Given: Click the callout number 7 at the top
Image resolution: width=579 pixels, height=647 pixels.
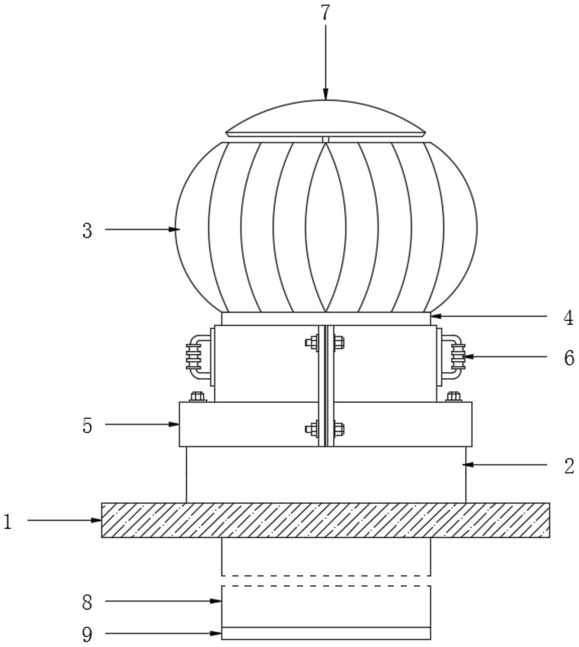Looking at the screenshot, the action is (325, 13).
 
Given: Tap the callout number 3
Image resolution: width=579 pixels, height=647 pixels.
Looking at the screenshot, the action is (87, 231).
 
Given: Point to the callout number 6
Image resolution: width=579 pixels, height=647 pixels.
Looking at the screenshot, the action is (569, 358).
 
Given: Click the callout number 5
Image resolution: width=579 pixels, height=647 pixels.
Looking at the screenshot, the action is (87, 425).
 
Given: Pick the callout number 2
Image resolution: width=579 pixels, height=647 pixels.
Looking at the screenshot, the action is (569, 466).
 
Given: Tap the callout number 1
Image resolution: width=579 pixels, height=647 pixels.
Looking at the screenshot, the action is (8, 522).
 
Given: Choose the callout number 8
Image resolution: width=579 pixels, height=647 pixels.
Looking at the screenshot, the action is (87, 602).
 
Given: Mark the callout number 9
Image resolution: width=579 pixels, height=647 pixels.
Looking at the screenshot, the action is (87, 634).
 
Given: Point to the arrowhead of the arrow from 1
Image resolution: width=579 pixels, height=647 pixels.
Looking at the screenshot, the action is (96, 520).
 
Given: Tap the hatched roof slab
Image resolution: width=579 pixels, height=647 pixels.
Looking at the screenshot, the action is (326, 520).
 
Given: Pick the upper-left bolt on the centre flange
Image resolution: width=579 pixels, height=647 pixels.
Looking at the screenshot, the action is (312, 342).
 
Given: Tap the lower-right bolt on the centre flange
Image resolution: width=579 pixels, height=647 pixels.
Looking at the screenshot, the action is (339, 430).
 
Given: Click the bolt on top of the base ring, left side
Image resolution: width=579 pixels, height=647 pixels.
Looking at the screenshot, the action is (198, 397).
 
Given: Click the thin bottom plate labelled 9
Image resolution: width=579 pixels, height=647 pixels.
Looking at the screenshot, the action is (326, 633).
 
